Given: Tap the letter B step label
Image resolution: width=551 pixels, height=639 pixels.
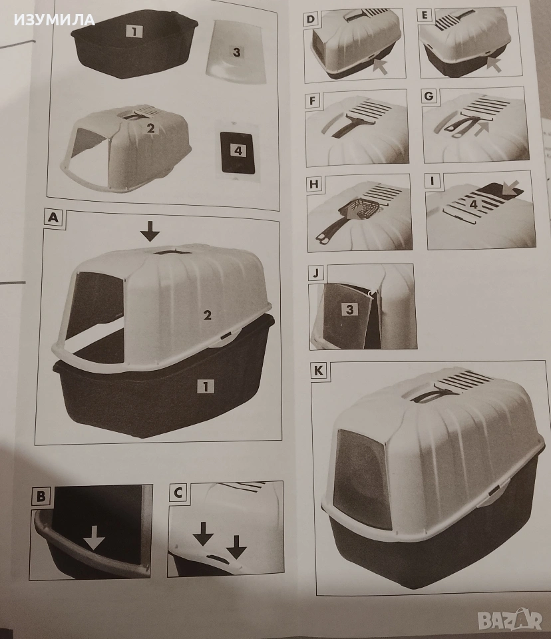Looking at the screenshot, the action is coord(41,496).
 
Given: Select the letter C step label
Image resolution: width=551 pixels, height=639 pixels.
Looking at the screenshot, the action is coord(178,493).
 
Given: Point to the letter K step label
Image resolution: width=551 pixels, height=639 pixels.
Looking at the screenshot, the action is coord(319,371).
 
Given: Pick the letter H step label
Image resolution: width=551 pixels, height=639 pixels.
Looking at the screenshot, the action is coord(314,184).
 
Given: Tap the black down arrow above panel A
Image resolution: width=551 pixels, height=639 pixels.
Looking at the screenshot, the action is coord(150,232).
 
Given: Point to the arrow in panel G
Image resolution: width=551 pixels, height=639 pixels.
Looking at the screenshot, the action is coord(481,126).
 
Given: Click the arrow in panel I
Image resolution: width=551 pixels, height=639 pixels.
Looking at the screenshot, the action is coord(509,188).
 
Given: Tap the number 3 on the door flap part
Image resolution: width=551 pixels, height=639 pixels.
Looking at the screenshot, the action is coord(237,52).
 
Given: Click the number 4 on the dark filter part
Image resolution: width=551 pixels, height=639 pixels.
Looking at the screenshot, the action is coord(238,151).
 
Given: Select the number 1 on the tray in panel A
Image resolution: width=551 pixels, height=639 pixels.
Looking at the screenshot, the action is coord(206,386).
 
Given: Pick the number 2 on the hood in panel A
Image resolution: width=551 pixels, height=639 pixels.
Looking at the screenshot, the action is coord(208,315).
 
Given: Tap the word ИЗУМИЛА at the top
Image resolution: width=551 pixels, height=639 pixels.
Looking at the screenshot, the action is coord(55,19).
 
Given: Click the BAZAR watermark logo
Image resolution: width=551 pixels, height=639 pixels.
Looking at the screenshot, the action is coord(510,620).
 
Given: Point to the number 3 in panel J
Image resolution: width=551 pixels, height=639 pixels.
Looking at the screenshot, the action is coord(349,310).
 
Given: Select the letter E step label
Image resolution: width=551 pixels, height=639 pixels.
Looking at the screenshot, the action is coord(425,16).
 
